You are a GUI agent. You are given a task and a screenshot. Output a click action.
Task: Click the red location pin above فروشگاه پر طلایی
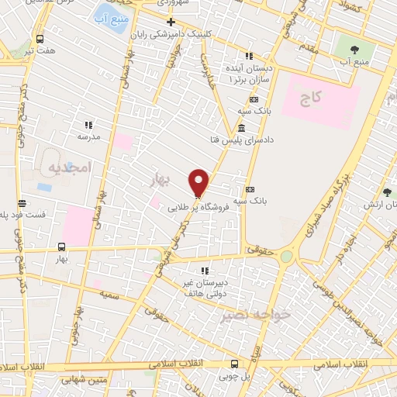199,182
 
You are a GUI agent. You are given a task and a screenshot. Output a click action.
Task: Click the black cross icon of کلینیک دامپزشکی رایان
171,22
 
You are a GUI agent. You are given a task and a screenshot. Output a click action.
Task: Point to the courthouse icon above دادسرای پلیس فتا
243,128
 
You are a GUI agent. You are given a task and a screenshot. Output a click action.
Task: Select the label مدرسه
88,136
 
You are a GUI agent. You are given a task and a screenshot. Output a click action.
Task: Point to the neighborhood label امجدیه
70,167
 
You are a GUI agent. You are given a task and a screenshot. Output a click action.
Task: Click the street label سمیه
118,296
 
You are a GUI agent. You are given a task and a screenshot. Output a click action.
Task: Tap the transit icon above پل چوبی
234,363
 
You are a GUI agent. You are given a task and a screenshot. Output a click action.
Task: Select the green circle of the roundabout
287,256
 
